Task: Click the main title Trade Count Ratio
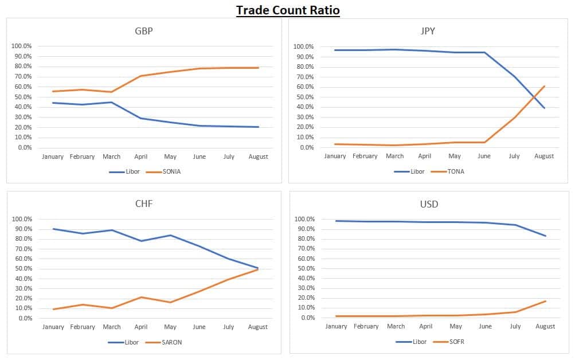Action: click(x=288, y=10)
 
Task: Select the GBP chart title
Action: click(x=143, y=31)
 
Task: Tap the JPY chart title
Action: click(x=428, y=31)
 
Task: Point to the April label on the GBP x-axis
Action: click(x=140, y=156)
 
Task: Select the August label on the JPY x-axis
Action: click(x=544, y=156)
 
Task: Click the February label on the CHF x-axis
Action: click(x=82, y=327)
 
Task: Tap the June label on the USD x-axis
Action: click(x=485, y=326)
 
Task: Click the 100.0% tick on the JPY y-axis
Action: click(x=303, y=46)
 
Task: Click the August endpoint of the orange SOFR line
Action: click(x=545, y=301)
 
